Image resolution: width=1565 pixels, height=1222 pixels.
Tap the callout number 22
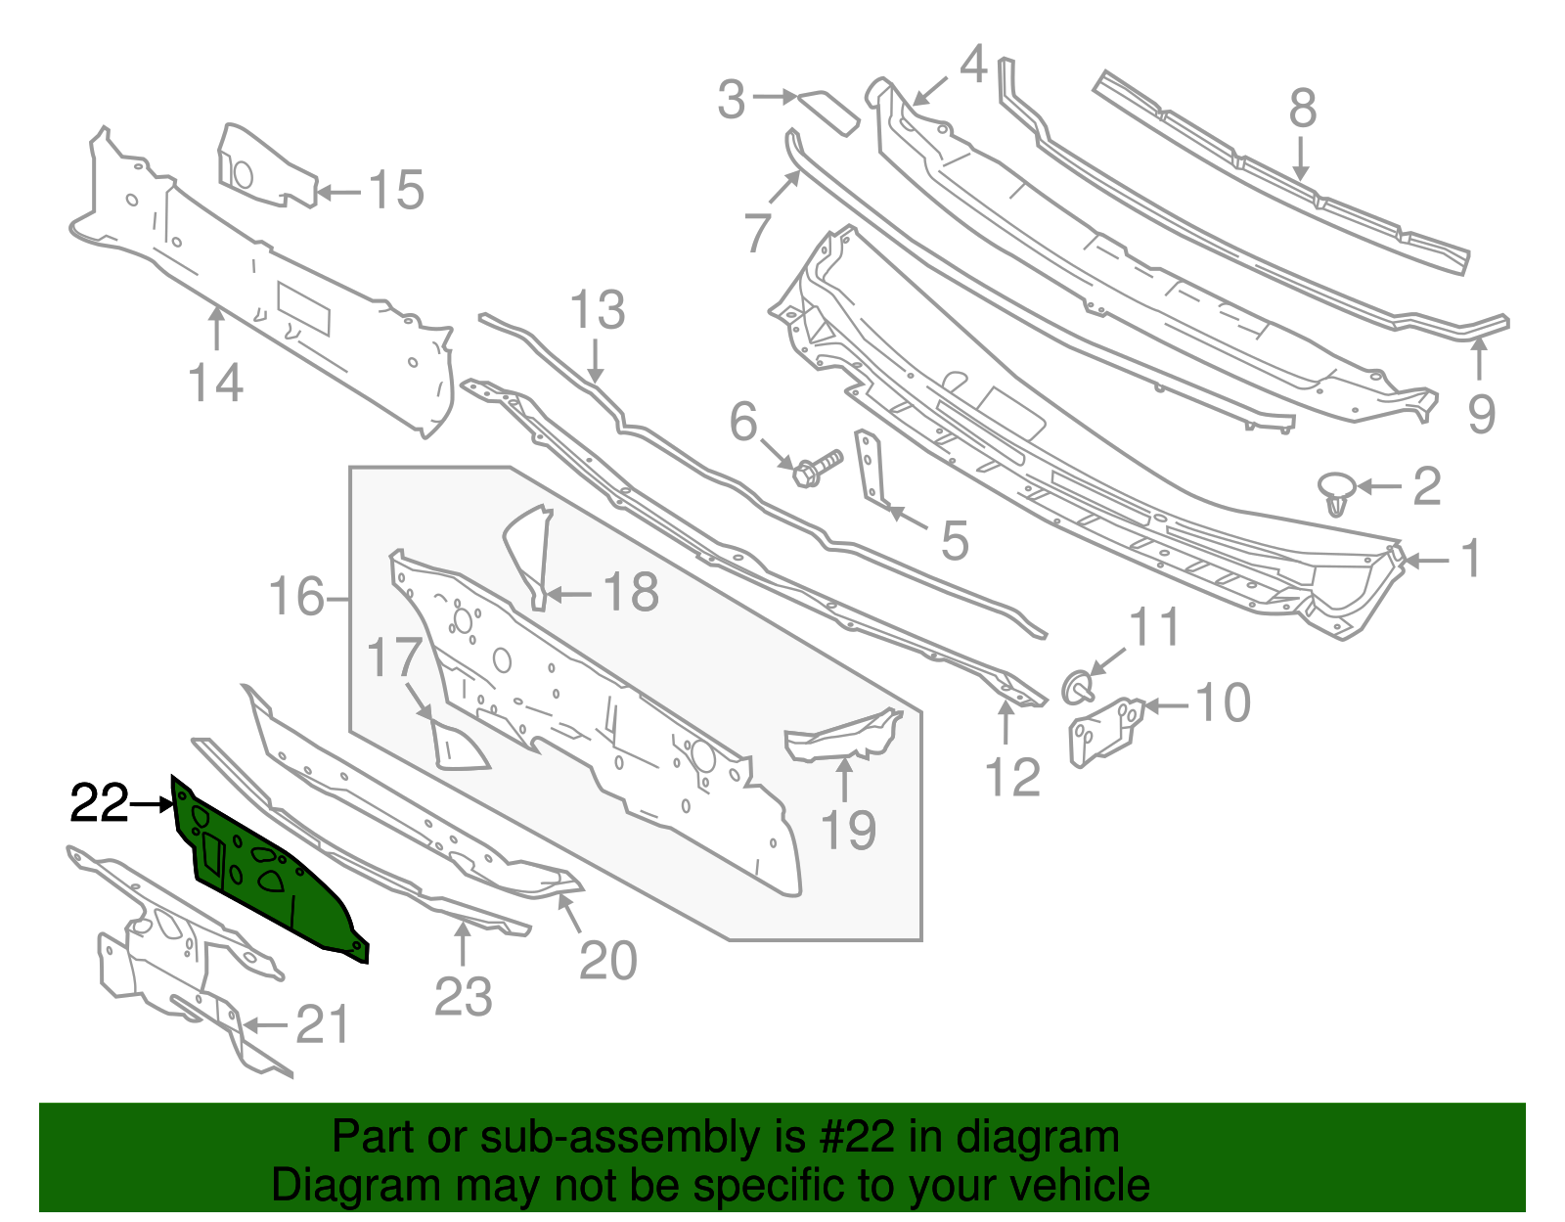point(99,804)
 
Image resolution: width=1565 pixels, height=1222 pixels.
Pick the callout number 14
point(215,383)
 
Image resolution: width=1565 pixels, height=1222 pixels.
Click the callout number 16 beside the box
point(296,597)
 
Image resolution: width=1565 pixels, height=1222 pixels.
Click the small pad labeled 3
point(829,110)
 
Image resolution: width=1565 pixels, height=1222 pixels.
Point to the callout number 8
point(1302,109)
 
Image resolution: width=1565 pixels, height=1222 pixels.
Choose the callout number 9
point(1481,414)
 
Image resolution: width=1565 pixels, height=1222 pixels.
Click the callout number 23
point(463,997)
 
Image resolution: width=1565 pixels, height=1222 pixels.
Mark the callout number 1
point(1470,561)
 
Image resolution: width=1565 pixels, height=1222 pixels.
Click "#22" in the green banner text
point(853,1138)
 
